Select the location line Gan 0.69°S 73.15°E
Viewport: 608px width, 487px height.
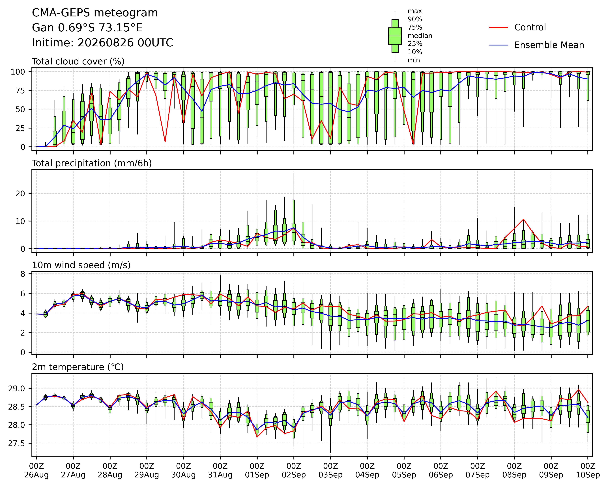pos(87,28)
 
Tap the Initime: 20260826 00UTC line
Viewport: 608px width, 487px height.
pos(102,43)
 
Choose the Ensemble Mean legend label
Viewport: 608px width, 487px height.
pos(549,45)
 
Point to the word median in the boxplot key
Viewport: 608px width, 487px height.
pos(420,36)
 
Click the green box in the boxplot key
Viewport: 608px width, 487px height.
pos(395,36)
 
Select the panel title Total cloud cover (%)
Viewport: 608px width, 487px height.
pos(78,61)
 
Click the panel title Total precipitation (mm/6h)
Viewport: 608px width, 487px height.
pos(92,163)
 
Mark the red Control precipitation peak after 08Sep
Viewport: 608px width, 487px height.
pos(523,219)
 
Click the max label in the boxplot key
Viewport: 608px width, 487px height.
pos(415,11)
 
